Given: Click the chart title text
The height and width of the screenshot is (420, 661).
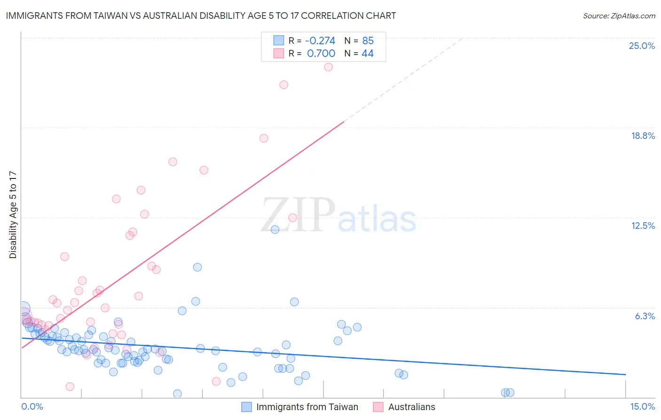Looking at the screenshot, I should [201, 16].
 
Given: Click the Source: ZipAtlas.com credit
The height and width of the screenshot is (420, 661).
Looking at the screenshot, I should [619, 16].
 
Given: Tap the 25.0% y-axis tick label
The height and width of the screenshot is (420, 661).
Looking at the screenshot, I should [642, 46].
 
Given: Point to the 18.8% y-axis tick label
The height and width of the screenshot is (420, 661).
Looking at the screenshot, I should [643, 136].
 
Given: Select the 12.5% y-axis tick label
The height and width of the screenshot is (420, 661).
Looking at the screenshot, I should [643, 226].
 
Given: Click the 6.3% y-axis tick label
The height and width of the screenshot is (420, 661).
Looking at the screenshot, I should [645, 316].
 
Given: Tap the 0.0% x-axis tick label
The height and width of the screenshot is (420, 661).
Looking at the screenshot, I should [32, 406].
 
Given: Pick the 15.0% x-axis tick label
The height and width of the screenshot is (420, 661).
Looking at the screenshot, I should [642, 406].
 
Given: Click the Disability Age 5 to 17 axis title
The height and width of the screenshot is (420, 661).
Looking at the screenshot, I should [13, 215].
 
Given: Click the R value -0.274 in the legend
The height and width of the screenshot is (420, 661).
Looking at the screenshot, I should [320, 40].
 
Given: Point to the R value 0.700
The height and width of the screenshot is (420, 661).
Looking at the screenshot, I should [321, 54].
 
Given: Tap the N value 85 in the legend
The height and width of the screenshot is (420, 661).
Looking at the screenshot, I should [368, 40].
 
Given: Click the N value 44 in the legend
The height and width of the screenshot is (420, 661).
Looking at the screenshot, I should [367, 54].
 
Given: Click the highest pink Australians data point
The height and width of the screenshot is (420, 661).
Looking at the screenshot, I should [329, 67].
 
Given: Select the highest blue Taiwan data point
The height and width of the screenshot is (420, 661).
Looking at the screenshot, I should [275, 229].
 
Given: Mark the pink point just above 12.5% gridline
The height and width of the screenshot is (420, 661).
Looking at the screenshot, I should [292, 218].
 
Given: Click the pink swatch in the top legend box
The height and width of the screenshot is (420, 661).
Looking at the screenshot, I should [279, 53].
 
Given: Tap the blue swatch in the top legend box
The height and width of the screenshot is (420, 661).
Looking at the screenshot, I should [279, 40].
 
